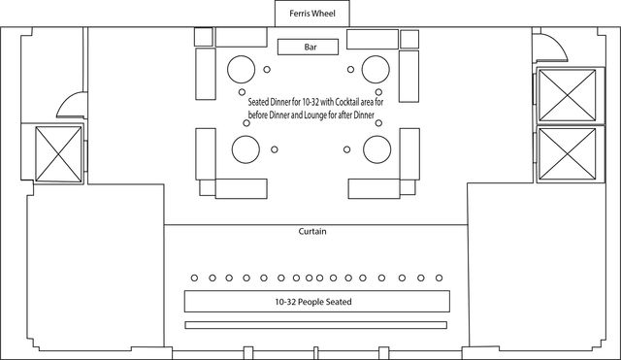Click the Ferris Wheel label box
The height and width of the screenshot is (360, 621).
coord(312,14)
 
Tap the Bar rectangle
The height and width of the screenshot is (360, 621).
coord(309,47)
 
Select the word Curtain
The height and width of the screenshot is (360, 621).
coord(312,231)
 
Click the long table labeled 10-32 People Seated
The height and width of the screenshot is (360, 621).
coord(317,302)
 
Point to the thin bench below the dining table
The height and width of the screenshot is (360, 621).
coord(316,325)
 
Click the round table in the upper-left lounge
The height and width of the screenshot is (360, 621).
coord(242,69)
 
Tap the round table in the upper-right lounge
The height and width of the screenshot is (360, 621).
coord(376,69)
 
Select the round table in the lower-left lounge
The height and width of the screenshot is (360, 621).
coord(245,149)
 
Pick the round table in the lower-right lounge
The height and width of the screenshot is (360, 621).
coord(377,149)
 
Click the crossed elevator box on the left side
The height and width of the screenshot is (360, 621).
coord(58,154)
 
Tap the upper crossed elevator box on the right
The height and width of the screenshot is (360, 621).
coord(568,95)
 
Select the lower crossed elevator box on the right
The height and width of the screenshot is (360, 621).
coord(568,153)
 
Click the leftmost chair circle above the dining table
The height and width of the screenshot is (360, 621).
coord(194,278)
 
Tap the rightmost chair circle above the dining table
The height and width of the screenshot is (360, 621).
coord(439,278)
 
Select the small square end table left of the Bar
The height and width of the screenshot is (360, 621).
coord(204,37)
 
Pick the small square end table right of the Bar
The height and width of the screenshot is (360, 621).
coord(409,39)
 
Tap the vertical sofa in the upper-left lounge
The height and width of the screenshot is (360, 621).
coord(206,74)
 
